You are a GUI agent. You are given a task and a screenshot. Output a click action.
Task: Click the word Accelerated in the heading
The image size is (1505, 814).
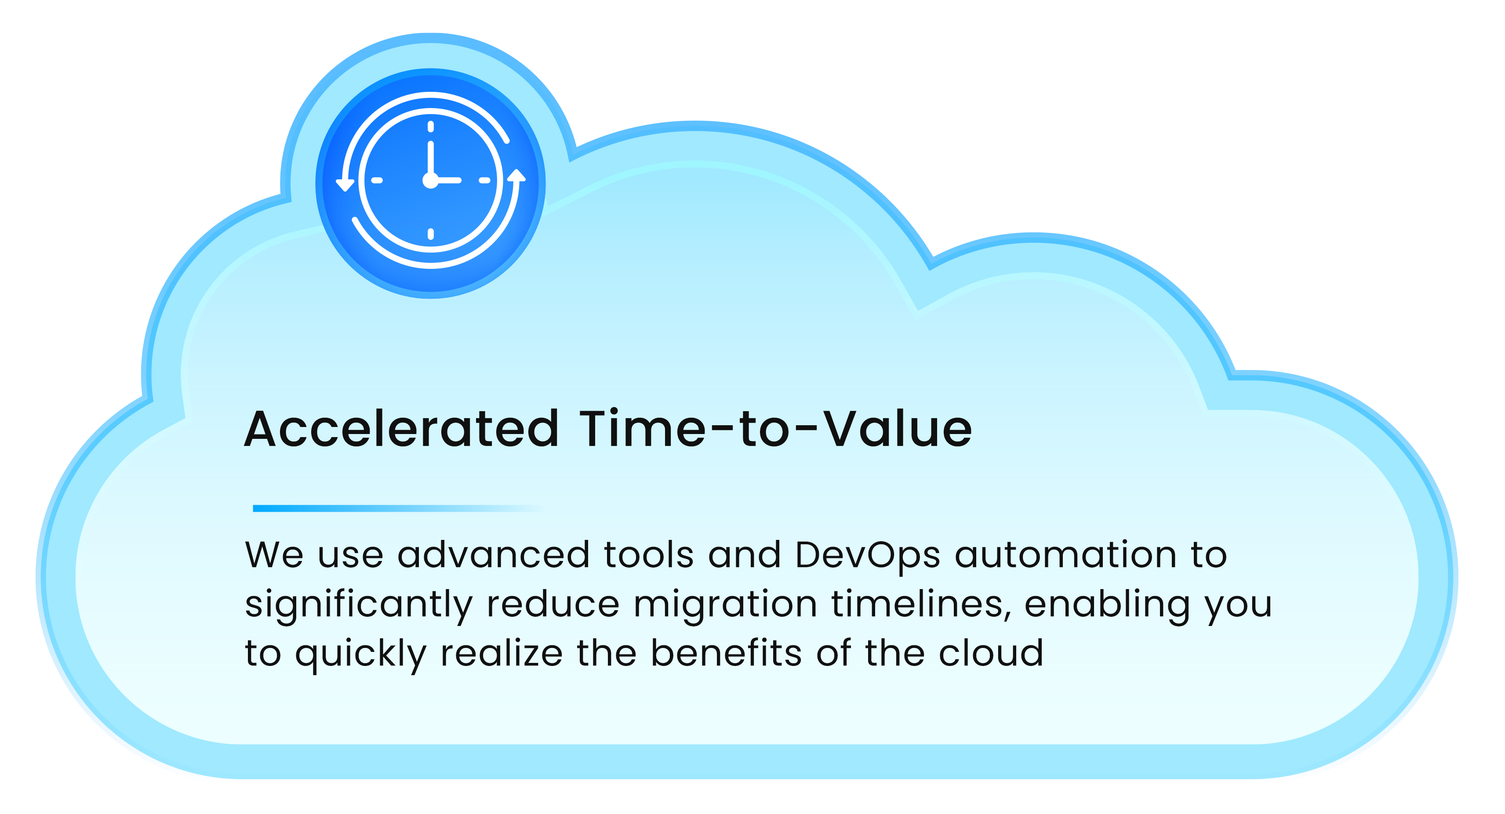(x=401, y=430)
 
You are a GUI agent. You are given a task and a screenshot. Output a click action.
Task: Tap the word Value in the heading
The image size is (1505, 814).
(x=898, y=430)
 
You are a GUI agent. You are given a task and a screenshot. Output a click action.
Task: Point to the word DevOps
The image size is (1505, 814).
(x=867, y=556)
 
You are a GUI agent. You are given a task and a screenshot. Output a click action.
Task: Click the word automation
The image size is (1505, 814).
(x=1065, y=555)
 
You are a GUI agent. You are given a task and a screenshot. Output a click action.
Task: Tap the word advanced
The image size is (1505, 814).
(x=493, y=555)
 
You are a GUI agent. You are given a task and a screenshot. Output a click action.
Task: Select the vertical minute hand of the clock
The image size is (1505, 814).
(x=431, y=158)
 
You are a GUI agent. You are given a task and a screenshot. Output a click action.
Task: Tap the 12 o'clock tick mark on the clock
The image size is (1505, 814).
(x=431, y=126)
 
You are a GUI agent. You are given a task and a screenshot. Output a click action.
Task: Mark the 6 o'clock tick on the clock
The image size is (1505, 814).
(x=431, y=234)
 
